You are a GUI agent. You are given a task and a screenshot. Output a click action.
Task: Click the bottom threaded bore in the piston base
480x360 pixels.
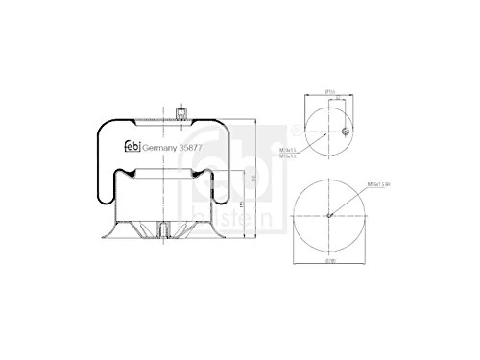(x=165, y=229)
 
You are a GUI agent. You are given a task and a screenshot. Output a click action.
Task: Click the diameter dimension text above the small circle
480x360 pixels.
(x=328, y=92)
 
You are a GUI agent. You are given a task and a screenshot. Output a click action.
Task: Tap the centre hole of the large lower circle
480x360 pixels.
(x=329, y=214)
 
